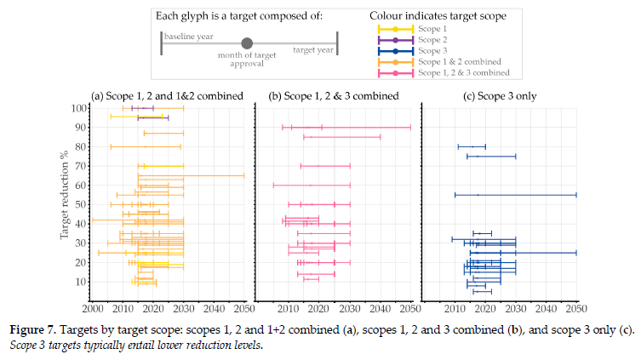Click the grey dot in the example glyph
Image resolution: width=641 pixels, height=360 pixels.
[x=247, y=43]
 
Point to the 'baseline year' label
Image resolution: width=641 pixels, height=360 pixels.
[x=190, y=37]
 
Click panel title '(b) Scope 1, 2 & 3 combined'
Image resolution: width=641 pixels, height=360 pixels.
[x=334, y=95]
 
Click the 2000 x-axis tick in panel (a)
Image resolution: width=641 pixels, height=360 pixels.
[x=93, y=307]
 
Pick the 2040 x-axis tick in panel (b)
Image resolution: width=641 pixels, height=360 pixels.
[x=381, y=307]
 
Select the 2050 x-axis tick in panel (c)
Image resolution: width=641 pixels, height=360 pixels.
[x=576, y=307]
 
